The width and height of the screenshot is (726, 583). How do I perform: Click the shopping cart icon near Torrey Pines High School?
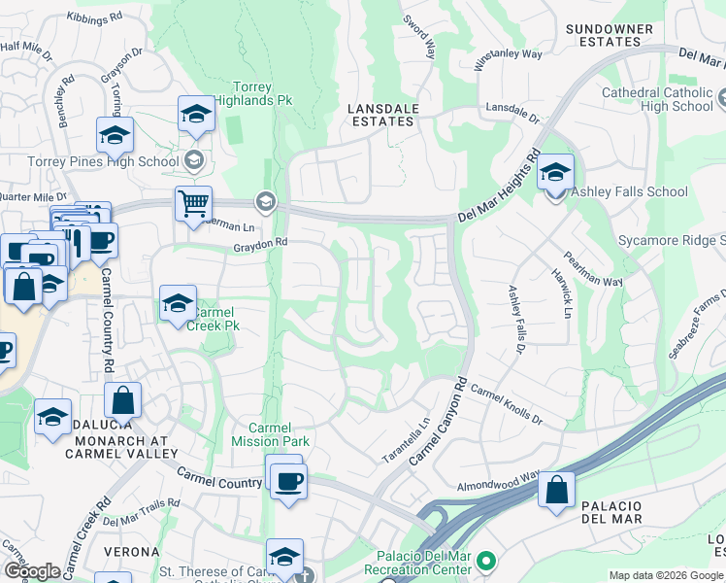[x=193, y=204]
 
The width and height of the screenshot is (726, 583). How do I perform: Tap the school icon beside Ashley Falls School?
[x=555, y=173]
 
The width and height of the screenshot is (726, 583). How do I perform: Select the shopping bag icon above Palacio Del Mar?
[x=557, y=490]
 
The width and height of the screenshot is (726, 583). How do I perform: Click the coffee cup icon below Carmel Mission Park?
[x=287, y=480]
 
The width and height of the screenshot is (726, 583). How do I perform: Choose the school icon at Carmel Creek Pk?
[x=178, y=303]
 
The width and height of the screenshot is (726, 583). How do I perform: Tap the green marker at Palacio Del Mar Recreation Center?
[x=487, y=562]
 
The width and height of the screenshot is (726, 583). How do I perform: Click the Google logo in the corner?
[x=32, y=571]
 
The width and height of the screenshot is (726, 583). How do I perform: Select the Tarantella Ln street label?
[x=409, y=440]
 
